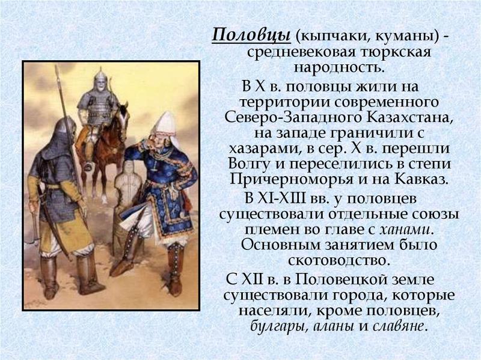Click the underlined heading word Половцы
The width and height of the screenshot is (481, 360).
(251, 35)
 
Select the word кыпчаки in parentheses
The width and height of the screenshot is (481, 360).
(325, 36)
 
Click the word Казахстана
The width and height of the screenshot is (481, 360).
(414, 117)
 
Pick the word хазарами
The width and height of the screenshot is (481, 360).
(260, 148)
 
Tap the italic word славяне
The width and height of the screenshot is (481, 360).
(396, 327)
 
